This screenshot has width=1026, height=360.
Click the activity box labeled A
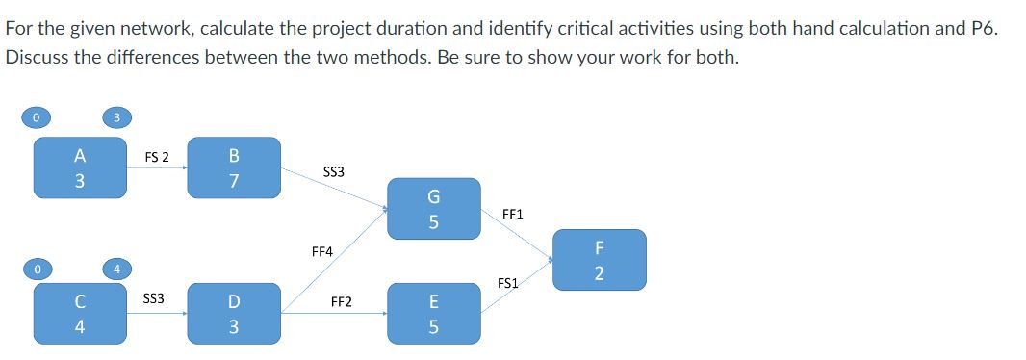click(x=80, y=167)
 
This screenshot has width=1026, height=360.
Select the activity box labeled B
click(x=235, y=167)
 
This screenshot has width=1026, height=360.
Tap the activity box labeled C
click(x=80, y=312)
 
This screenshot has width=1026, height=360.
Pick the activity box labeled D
click(x=235, y=312)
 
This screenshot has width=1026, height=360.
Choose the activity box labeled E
click(x=433, y=312)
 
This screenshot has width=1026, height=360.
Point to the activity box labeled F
click(x=599, y=259)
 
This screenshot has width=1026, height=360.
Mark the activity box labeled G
click(x=433, y=209)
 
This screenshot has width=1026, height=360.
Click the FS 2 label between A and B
click(x=156, y=157)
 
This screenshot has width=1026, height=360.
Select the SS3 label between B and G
click(x=334, y=172)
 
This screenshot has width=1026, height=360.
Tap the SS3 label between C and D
click(x=154, y=298)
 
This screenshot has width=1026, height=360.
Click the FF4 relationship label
click(x=322, y=251)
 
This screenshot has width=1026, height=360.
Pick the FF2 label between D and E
click(x=341, y=301)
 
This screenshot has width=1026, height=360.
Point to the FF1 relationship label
click(x=513, y=214)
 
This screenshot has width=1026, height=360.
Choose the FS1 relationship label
click(x=508, y=283)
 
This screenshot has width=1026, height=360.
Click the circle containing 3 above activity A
click(x=115, y=118)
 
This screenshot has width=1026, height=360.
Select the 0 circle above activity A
click(x=35, y=118)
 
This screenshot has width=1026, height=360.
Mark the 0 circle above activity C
click(x=35, y=269)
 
